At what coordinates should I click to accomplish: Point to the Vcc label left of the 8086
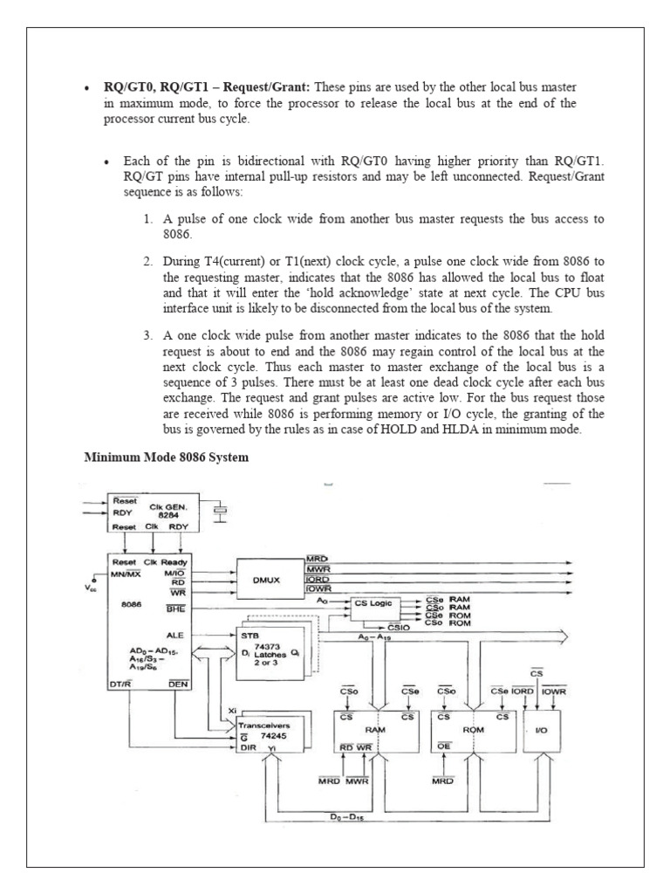pyautogui.click(x=91, y=588)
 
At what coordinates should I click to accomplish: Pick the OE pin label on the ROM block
pyautogui.click(x=443, y=746)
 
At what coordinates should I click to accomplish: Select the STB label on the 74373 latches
pyautogui.click(x=250, y=636)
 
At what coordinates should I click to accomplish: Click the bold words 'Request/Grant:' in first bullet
pyautogui.click(x=268, y=87)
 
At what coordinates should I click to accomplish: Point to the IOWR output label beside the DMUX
pyautogui.click(x=317, y=589)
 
